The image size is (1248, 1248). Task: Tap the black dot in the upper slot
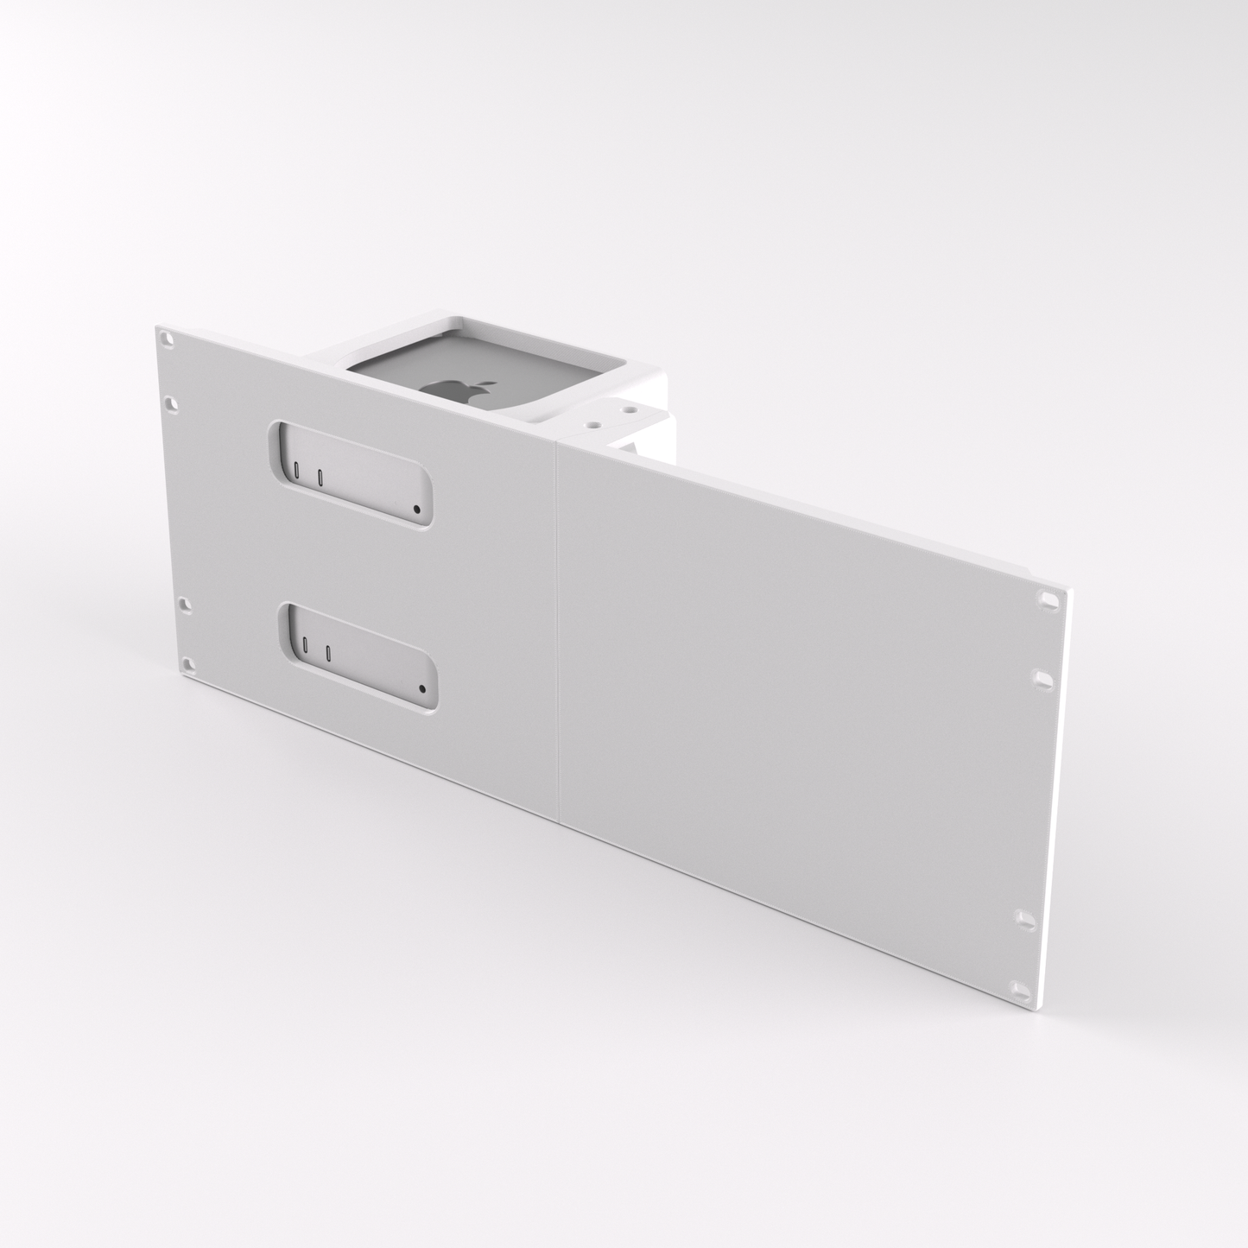(x=417, y=510)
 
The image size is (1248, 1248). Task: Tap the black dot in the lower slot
(x=421, y=689)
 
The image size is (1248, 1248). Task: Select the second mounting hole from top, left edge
(x=170, y=402)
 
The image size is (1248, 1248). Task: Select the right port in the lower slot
(x=327, y=652)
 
